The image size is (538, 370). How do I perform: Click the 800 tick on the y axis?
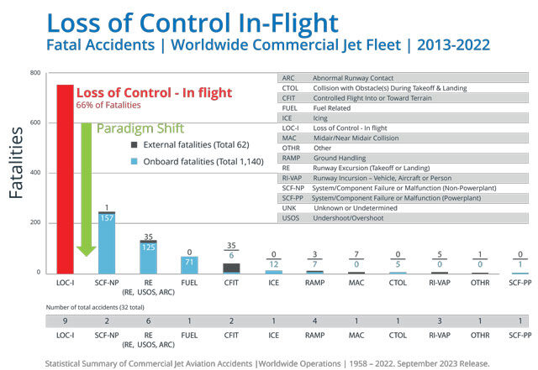[34, 73]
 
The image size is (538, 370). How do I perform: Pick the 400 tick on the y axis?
[34, 173]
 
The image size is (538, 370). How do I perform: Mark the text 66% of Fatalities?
[108, 106]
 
